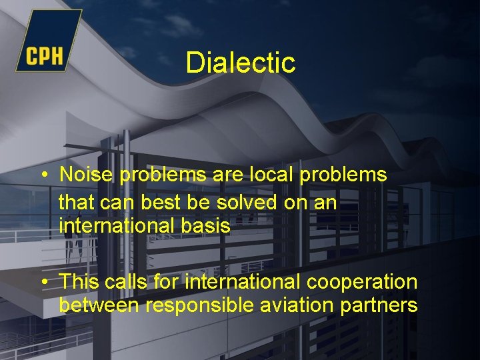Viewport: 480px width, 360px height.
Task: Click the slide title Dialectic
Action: click(x=240, y=63)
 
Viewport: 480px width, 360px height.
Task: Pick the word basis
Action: click(x=205, y=226)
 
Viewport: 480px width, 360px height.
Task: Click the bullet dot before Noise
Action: click(x=43, y=175)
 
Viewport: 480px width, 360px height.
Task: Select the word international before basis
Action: click(x=116, y=226)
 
